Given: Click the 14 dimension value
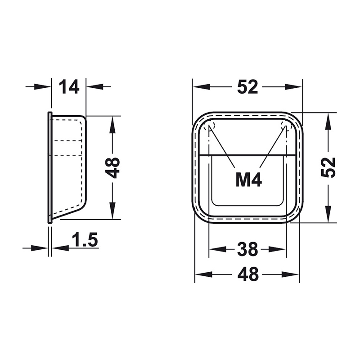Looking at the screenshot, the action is click(x=69, y=86).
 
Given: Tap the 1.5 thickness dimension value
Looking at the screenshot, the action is click(x=85, y=239).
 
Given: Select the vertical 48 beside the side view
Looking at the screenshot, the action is click(x=114, y=167).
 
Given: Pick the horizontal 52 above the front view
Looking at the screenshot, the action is click(x=247, y=87).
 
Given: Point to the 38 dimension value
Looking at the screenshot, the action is click(x=247, y=249).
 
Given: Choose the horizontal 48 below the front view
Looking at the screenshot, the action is click(x=248, y=274).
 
